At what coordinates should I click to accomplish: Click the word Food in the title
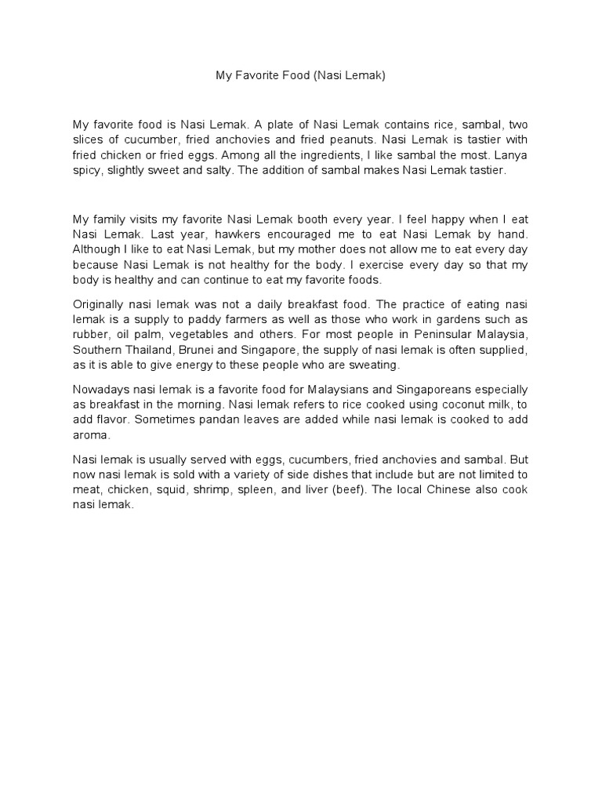pyautogui.click(x=299, y=76)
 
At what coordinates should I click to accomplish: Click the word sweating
pyautogui.click(x=376, y=365)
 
